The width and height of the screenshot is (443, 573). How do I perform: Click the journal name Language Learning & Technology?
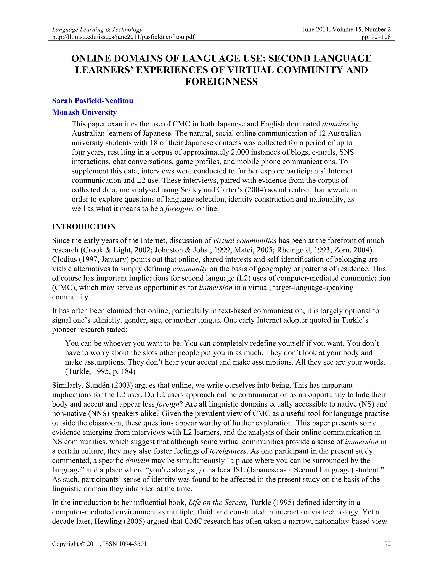(x=97, y=29)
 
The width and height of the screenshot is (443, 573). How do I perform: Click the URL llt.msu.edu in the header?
(x=123, y=37)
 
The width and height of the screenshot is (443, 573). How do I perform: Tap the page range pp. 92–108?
(x=376, y=37)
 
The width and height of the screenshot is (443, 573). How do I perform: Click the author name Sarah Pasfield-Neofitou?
(x=92, y=101)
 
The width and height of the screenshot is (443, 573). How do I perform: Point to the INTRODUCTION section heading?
(x=84, y=227)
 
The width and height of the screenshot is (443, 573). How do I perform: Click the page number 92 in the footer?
(x=387, y=544)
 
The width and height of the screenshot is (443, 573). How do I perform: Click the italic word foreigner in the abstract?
(x=180, y=209)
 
